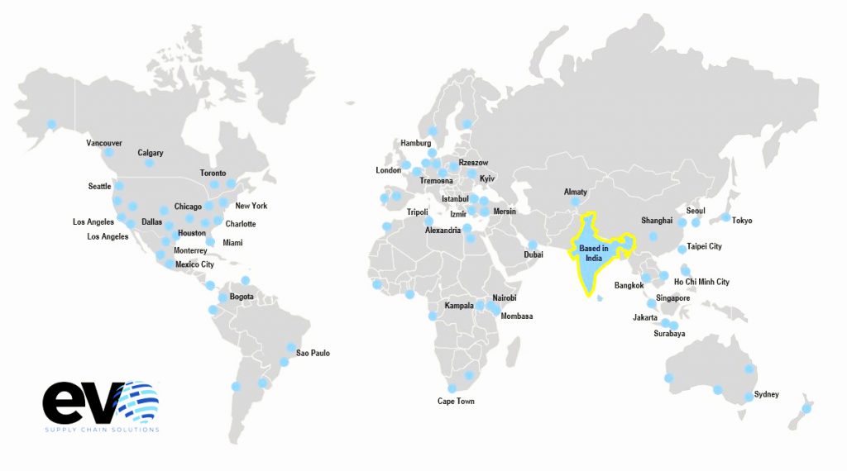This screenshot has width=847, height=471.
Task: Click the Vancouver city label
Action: [x=104, y=143]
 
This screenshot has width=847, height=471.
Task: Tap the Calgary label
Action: [x=151, y=153]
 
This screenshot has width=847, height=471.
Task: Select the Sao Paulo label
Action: [x=313, y=353]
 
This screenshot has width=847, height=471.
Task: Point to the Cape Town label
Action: [x=456, y=402]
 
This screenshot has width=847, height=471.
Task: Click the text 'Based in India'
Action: [x=594, y=253]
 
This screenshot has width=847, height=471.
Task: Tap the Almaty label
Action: [x=576, y=192]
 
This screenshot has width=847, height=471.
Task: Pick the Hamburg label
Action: [x=416, y=143]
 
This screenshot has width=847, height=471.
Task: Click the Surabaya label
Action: [x=669, y=334]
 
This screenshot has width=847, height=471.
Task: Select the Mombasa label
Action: [x=517, y=316]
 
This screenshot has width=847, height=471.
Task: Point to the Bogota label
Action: [x=242, y=297]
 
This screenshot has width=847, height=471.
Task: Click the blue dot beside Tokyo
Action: [x=725, y=218]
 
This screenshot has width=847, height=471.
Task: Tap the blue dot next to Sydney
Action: [x=749, y=397]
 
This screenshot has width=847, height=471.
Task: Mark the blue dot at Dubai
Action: [x=534, y=245]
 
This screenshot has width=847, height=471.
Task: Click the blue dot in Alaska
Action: [x=51, y=124]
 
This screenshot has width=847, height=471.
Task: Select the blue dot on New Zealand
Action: [x=806, y=408]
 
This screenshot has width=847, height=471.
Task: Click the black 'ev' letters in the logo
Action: [x=81, y=402]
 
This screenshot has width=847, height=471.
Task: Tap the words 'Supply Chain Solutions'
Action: [x=101, y=429]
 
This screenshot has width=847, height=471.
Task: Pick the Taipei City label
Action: [x=704, y=246]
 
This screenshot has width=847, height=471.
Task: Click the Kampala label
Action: [x=459, y=306]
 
